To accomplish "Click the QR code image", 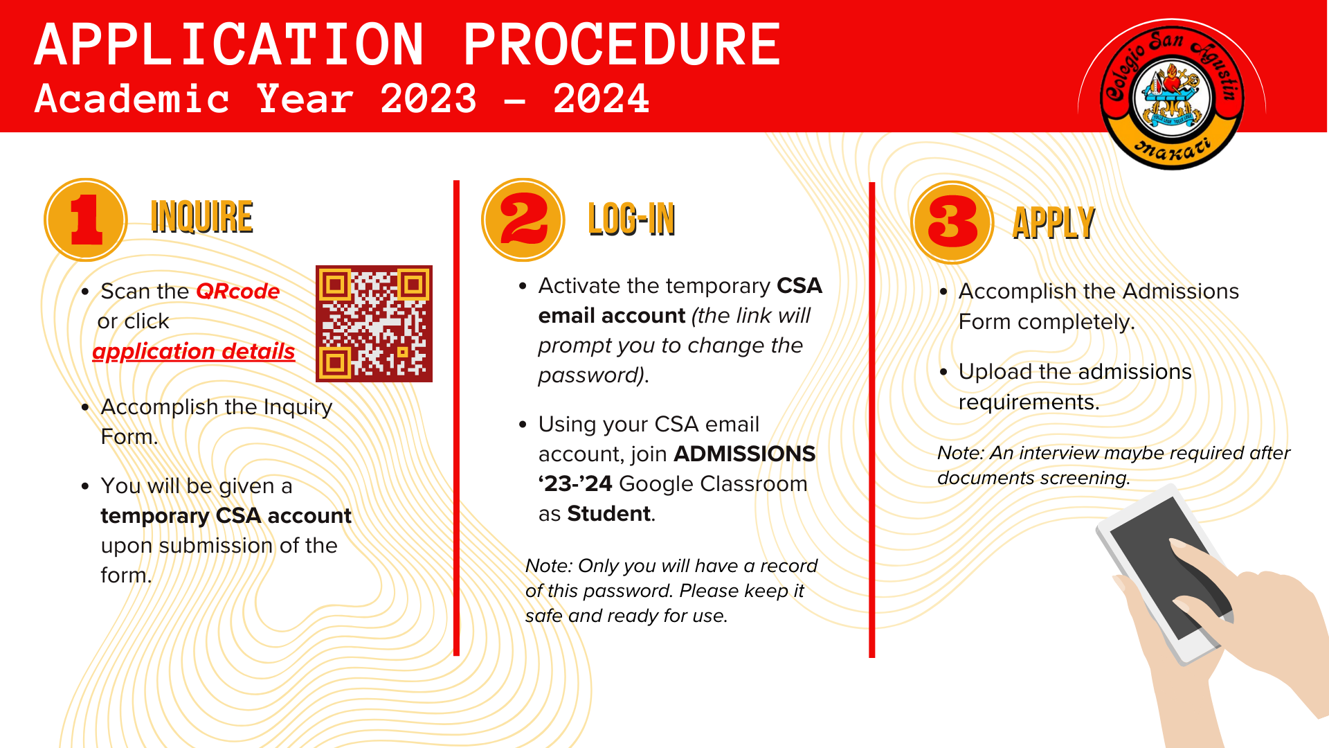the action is coord(374,323).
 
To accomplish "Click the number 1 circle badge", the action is coord(86,220).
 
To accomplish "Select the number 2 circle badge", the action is coord(523,220).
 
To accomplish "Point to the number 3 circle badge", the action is coord(952,222).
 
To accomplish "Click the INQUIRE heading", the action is coord(201,217).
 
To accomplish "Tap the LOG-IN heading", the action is coord(631,220).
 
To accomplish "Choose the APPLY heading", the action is coord(1054,223).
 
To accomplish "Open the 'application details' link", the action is coord(194,351).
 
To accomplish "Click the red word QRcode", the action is coord(238,291).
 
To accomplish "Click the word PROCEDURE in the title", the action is coord(622,44).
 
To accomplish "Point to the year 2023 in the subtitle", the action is coord(428,98).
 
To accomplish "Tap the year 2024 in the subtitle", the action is coord(602,98).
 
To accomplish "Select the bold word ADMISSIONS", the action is coord(745,454).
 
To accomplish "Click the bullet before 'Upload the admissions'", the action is coord(943,372).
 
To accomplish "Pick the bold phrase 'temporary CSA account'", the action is coord(226,516).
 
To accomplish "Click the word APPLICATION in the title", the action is coord(229,44).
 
